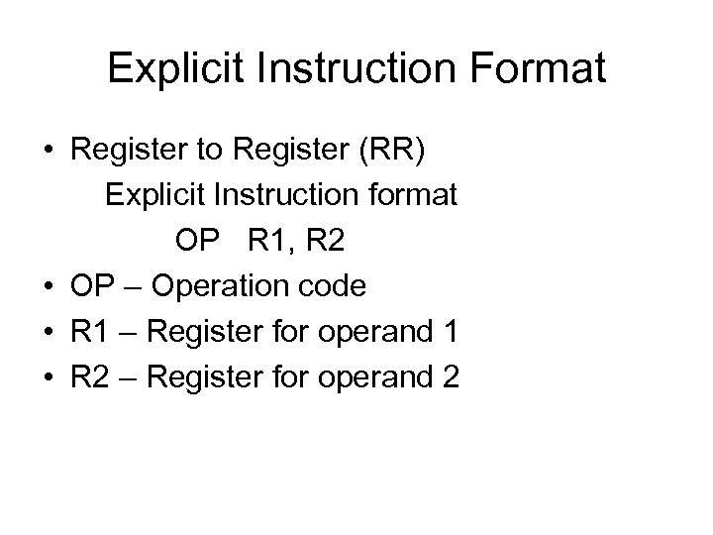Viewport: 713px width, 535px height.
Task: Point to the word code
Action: [331, 286]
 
